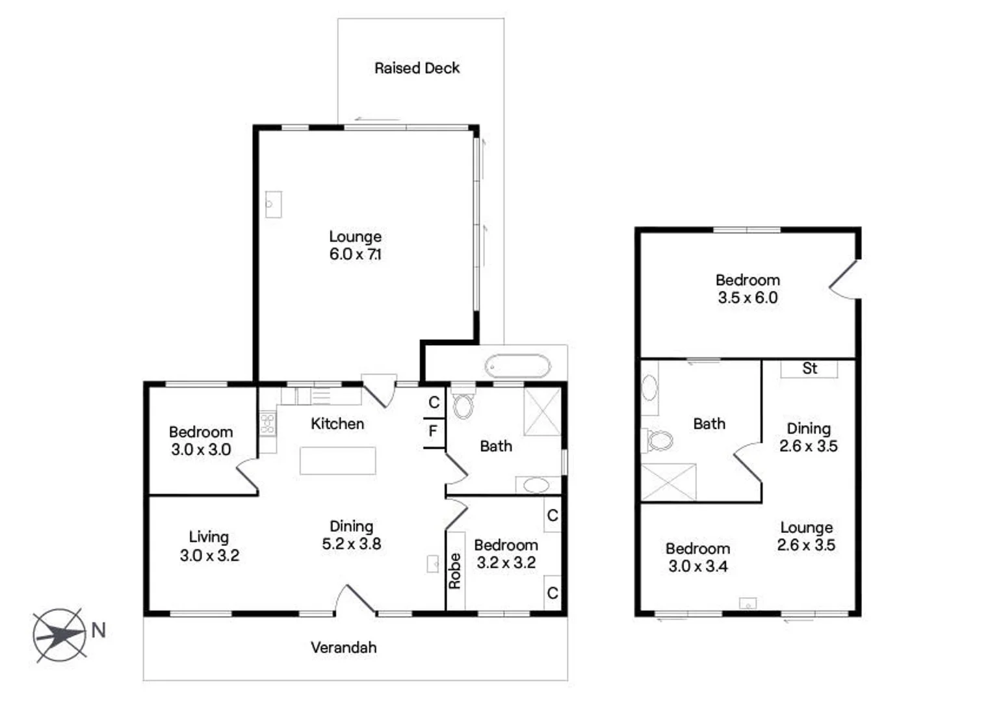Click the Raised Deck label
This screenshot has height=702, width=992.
pyautogui.click(x=417, y=68)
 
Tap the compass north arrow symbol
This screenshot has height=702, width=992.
pyautogui.click(x=60, y=634)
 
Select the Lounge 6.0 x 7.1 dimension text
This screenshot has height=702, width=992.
pyautogui.click(x=355, y=254)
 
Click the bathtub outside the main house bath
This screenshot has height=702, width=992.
pyautogui.click(x=517, y=367)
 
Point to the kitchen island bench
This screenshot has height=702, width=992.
pyautogui.click(x=337, y=460)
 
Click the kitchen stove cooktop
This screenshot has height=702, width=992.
pyautogui.click(x=267, y=424)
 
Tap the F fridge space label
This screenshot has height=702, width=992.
pyautogui.click(x=433, y=431)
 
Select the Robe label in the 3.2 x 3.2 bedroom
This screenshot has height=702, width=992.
pyautogui.click(x=455, y=571)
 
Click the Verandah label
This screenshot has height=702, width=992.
pyautogui.click(x=343, y=647)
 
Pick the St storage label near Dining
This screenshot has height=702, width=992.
pyautogui.click(x=809, y=369)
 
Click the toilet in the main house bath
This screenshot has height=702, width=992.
pyautogui.click(x=463, y=404)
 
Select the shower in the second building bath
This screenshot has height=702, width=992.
pyautogui.click(x=668, y=482)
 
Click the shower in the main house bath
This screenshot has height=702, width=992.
pyautogui.click(x=542, y=411)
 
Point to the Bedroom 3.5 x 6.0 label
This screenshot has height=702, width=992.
pyautogui.click(x=748, y=289)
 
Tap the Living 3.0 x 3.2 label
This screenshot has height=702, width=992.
pyautogui.click(x=209, y=546)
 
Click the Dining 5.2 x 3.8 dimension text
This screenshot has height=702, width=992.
pyautogui.click(x=352, y=544)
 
